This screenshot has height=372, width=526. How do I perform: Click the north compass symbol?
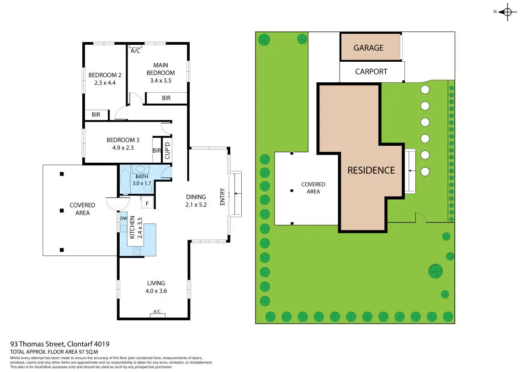point(507,12)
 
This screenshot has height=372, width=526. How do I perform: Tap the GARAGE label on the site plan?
point(368,48)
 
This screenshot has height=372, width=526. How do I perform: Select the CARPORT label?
point(371,72)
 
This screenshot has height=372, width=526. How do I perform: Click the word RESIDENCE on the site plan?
point(371,170)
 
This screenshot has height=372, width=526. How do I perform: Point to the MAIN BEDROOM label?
point(160,69)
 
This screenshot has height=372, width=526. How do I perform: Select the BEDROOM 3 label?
point(123,140)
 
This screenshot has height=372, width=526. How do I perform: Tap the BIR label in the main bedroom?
point(166,98)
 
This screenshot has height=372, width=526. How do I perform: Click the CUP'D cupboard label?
point(167,150)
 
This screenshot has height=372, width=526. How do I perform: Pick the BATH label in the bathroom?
point(141,176)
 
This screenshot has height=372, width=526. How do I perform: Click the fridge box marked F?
point(148,204)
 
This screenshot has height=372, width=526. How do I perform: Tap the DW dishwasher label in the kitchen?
point(123,218)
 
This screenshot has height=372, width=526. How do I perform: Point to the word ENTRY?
point(223,197)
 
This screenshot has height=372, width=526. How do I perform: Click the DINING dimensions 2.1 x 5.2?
point(197,205)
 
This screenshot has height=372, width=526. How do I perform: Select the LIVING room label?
point(156,283)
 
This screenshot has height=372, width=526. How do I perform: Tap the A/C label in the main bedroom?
point(135,51)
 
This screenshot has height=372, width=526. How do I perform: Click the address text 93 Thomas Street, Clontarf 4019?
point(60,344)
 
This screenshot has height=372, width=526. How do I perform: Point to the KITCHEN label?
point(132,227)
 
